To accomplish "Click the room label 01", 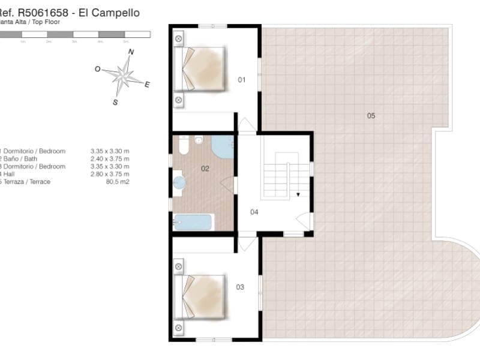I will pos(242,79).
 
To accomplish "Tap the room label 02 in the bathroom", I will pos(205,169).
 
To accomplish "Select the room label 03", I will pos(240,287).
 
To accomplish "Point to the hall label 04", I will pos(254,212).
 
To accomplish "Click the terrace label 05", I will pos(371,115).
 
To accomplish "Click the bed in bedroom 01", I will pos(200,68).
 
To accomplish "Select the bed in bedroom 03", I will pos(200,297).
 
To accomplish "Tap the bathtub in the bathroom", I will pos(193,222).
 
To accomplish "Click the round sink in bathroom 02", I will pos(178,183).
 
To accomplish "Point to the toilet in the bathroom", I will pos(184,146).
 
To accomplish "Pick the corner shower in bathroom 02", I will pos(223,146).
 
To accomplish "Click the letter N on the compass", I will pos(131,52).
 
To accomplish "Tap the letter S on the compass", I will pos(115,103).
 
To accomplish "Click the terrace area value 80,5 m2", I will pos(118,182).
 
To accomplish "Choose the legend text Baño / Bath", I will pos(23,159).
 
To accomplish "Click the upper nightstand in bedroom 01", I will pos(179,39).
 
